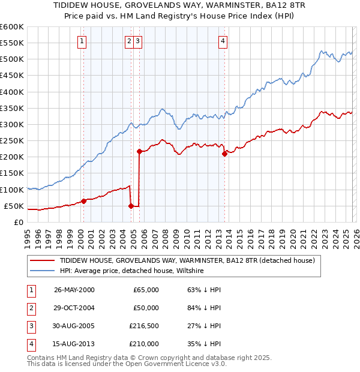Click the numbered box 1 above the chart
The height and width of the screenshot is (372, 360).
point(82,41)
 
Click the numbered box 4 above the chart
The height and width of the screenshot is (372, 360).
point(223,41)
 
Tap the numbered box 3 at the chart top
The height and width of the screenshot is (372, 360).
point(138,41)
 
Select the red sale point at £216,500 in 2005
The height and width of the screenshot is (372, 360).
point(139,151)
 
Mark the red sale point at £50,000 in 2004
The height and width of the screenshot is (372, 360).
point(131,206)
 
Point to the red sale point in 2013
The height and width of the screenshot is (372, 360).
point(224,154)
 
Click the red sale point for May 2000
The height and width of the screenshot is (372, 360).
point(83,201)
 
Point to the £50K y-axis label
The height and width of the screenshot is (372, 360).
point(14,206)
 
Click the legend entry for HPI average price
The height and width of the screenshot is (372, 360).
point(132,271)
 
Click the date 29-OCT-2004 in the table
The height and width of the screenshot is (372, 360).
point(74,308)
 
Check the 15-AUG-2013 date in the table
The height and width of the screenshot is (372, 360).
point(74,344)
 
